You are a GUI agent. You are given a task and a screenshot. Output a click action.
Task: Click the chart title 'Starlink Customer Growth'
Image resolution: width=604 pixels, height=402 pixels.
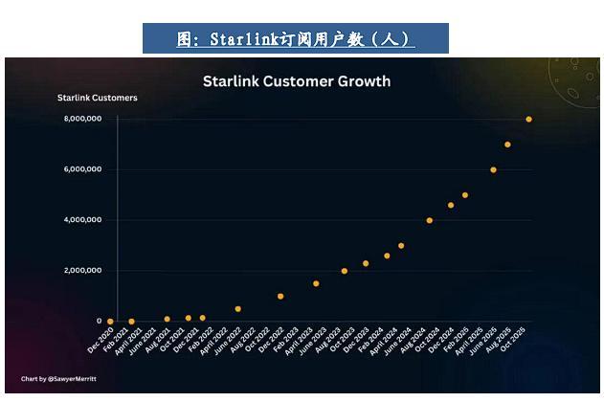coord(297,81)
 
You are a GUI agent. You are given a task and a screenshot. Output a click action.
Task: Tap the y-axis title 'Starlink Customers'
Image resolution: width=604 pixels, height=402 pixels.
coord(97,98)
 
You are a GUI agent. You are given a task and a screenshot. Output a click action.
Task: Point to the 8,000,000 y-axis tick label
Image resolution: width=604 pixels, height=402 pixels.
coord(82,119)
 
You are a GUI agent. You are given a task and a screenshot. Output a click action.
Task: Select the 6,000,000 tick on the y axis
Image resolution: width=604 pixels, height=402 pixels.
coord(82,169)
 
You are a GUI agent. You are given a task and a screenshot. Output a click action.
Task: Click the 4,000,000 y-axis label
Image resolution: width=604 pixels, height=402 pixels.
coord(82,220)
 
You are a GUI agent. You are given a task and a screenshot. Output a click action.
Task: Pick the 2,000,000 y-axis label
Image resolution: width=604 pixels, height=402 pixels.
coord(82,271)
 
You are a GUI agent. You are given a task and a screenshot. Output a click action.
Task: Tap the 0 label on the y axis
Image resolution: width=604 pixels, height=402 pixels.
coord(99,322)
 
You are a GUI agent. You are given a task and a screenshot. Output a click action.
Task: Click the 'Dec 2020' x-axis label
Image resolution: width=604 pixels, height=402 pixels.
coord(100,341)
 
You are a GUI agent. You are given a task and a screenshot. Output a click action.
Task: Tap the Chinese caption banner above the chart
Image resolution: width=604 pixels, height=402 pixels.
coord(296,39)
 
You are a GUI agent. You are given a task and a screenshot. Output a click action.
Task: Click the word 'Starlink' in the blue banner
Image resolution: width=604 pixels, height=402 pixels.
coord(236,39)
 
